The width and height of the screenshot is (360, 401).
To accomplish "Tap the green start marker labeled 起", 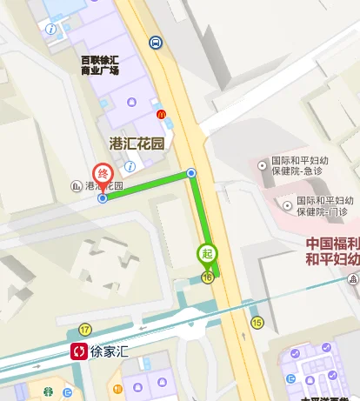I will pyautogui.click(x=206, y=253).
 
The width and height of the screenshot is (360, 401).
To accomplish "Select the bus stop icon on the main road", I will pyautogui.click(x=155, y=42).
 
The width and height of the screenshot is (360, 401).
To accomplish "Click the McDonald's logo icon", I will pyautogui.click(x=160, y=114).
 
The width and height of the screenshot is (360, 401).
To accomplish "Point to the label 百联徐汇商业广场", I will pyautogui.click(x=99, y=66).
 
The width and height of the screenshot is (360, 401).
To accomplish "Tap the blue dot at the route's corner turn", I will pyautogui.click(x=191, y=173).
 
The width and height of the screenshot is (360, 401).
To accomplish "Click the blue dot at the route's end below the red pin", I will pyautogui.click(x=103, y=198).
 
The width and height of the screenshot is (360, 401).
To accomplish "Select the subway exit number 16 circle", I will pyautogui.click(x=207, y=277).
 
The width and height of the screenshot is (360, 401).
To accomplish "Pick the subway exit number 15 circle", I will pyautogui.click(x=257, y=323).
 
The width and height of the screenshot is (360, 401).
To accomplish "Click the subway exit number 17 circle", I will pyautogui.click(x=84, y=329).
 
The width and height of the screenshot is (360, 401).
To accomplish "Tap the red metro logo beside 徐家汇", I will pyautogui.click(x=79, y=351).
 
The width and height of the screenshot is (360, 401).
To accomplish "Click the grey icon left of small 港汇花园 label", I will pyautogui.click(x=77, y=186).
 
